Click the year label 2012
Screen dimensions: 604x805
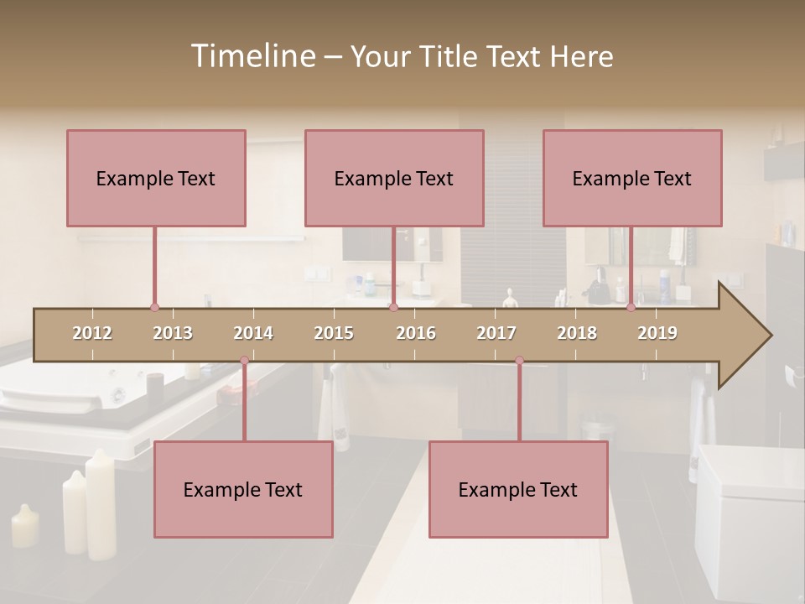92,333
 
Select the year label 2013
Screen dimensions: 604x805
173,333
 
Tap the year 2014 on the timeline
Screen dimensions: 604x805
253,333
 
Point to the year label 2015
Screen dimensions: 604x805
334,333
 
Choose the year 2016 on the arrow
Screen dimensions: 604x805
416,333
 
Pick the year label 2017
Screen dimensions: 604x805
496,333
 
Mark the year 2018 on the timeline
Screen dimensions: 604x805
577,333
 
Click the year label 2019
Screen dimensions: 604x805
657,333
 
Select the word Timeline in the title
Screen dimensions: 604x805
252,56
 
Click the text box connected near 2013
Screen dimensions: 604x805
156,178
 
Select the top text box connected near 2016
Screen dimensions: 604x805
394,178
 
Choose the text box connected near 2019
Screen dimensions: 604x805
632,178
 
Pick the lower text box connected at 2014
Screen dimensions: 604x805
243,489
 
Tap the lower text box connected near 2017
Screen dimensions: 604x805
518,489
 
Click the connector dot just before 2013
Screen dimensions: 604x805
154,307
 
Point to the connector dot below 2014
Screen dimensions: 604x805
244,361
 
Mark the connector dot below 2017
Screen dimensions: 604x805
519,361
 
